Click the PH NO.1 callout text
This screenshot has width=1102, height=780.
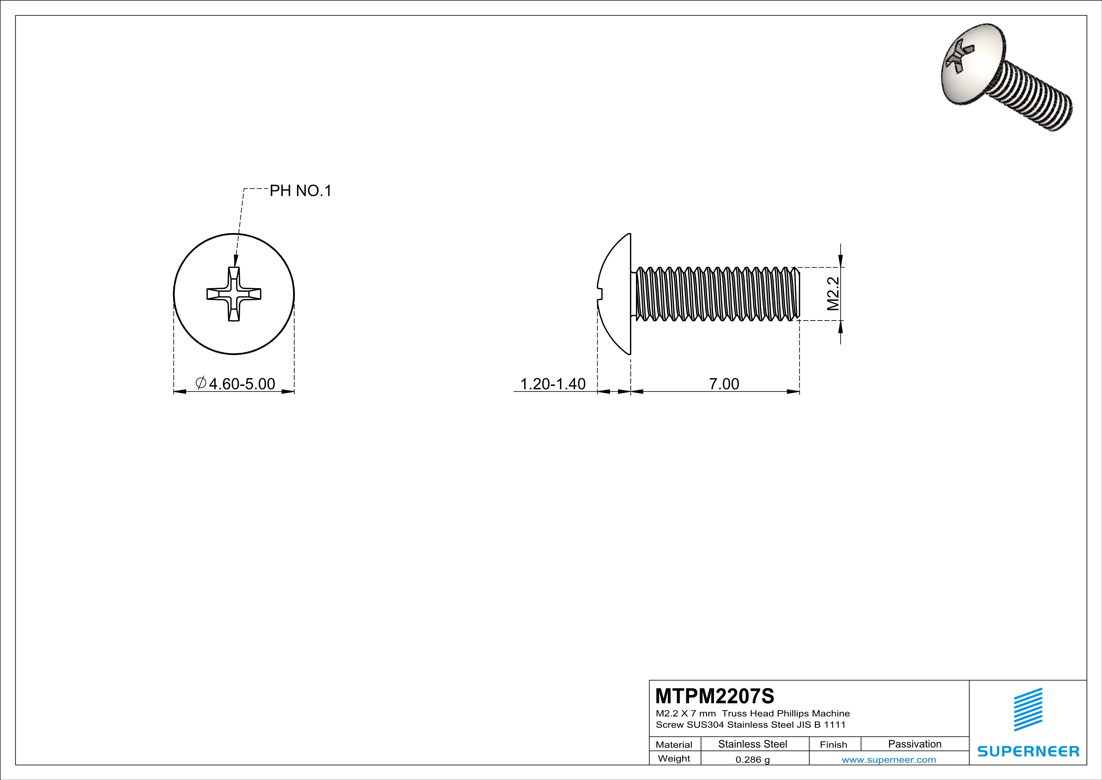(x=300, y=191)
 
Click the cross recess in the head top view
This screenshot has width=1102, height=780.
(x=234, y=294)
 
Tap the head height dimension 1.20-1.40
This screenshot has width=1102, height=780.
(x=553, y=384)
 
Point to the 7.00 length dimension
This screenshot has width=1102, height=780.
(x=724, y=384)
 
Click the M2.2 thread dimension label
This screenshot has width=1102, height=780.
(x=834, y=293)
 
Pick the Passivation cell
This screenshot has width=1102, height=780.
(x=914, y=744)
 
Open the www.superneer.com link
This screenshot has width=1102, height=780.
(x=888, y=759)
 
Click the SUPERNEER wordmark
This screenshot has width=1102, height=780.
(x=1028, y=751)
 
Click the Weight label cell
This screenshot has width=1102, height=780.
(x=674, y=758)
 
